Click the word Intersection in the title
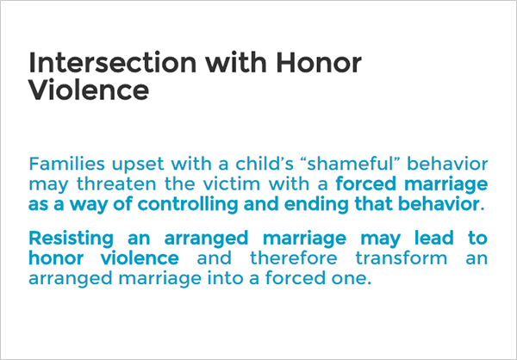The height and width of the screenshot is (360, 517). pyautogui.click(x=112, y=63)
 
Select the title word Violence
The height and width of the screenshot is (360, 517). pyautogui.click(x=89, y=90)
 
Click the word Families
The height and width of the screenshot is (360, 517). pyautogui.click(x=66, y=164)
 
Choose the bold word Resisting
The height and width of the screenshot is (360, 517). pyautogui.click(x=71, y=239)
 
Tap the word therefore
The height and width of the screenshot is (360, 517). pyautogui.click(x=294, y=258)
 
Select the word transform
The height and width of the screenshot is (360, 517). pyautogui.click(x=402, y=258)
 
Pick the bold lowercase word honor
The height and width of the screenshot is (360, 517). pyautogui.click(x=56, y=258)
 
